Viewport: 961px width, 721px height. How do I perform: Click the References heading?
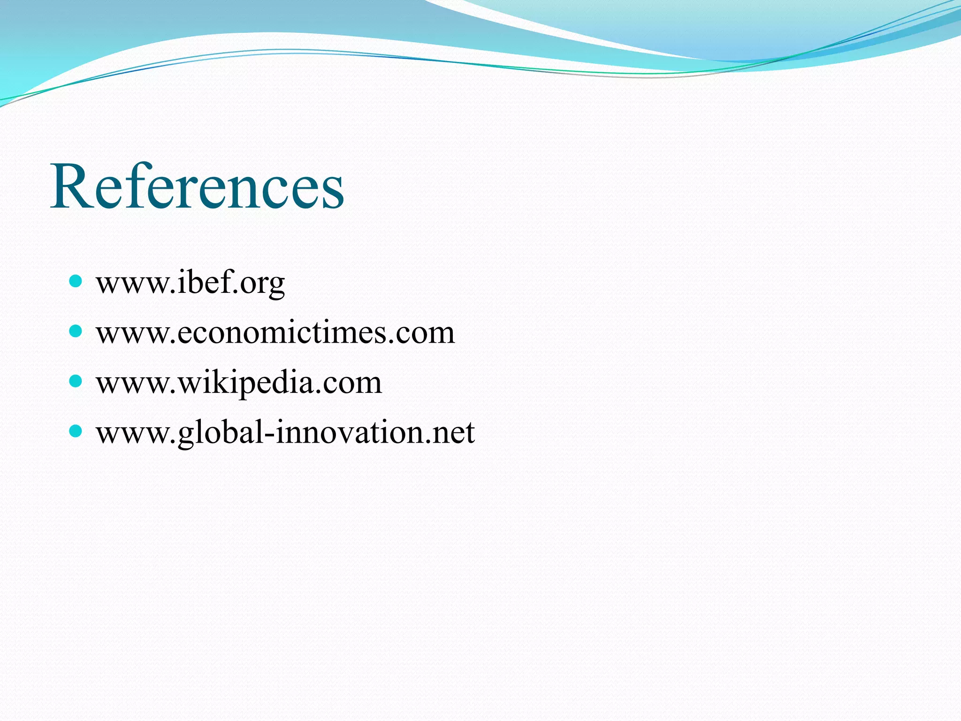197,186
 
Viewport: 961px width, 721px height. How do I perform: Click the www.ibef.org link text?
190,283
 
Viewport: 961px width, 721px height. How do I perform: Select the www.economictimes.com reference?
275,333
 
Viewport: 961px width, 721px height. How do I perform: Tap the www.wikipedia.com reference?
239,383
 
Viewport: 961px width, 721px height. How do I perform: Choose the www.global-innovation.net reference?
285,432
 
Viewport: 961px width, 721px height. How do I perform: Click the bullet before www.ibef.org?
75,281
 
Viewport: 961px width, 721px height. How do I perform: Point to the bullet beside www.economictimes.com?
75,331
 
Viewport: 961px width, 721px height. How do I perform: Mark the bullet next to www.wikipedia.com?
75,381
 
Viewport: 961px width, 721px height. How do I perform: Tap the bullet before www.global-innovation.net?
75,430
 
